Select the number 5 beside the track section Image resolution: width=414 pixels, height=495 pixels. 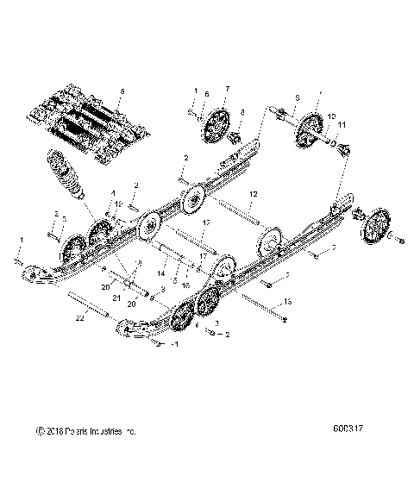tap(122, 90)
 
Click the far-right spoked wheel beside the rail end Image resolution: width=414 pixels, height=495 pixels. tap(376, 232)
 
